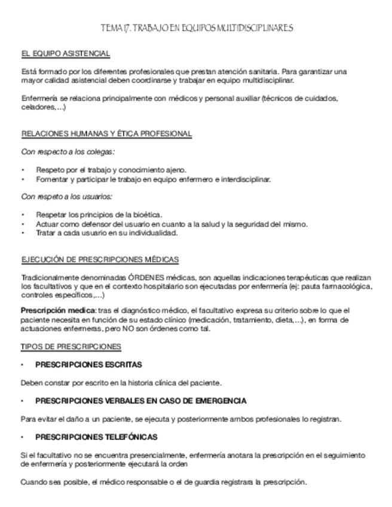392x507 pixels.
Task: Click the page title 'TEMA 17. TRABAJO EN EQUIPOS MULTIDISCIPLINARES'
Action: point(197,28)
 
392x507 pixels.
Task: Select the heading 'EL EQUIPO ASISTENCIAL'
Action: point(65,54)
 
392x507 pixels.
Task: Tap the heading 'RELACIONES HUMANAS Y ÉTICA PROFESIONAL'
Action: point(106,134)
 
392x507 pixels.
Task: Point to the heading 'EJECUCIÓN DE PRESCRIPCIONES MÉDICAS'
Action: point(100,259)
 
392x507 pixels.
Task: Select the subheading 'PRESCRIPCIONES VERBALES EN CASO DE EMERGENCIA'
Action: point(141,401)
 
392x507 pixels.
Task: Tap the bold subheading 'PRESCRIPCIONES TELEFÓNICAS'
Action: point(97,437)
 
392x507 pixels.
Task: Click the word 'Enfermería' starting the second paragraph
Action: point(38,99)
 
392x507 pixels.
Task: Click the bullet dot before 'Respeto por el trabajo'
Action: point(23,170)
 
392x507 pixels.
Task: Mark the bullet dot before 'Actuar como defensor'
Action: point(23,224)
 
